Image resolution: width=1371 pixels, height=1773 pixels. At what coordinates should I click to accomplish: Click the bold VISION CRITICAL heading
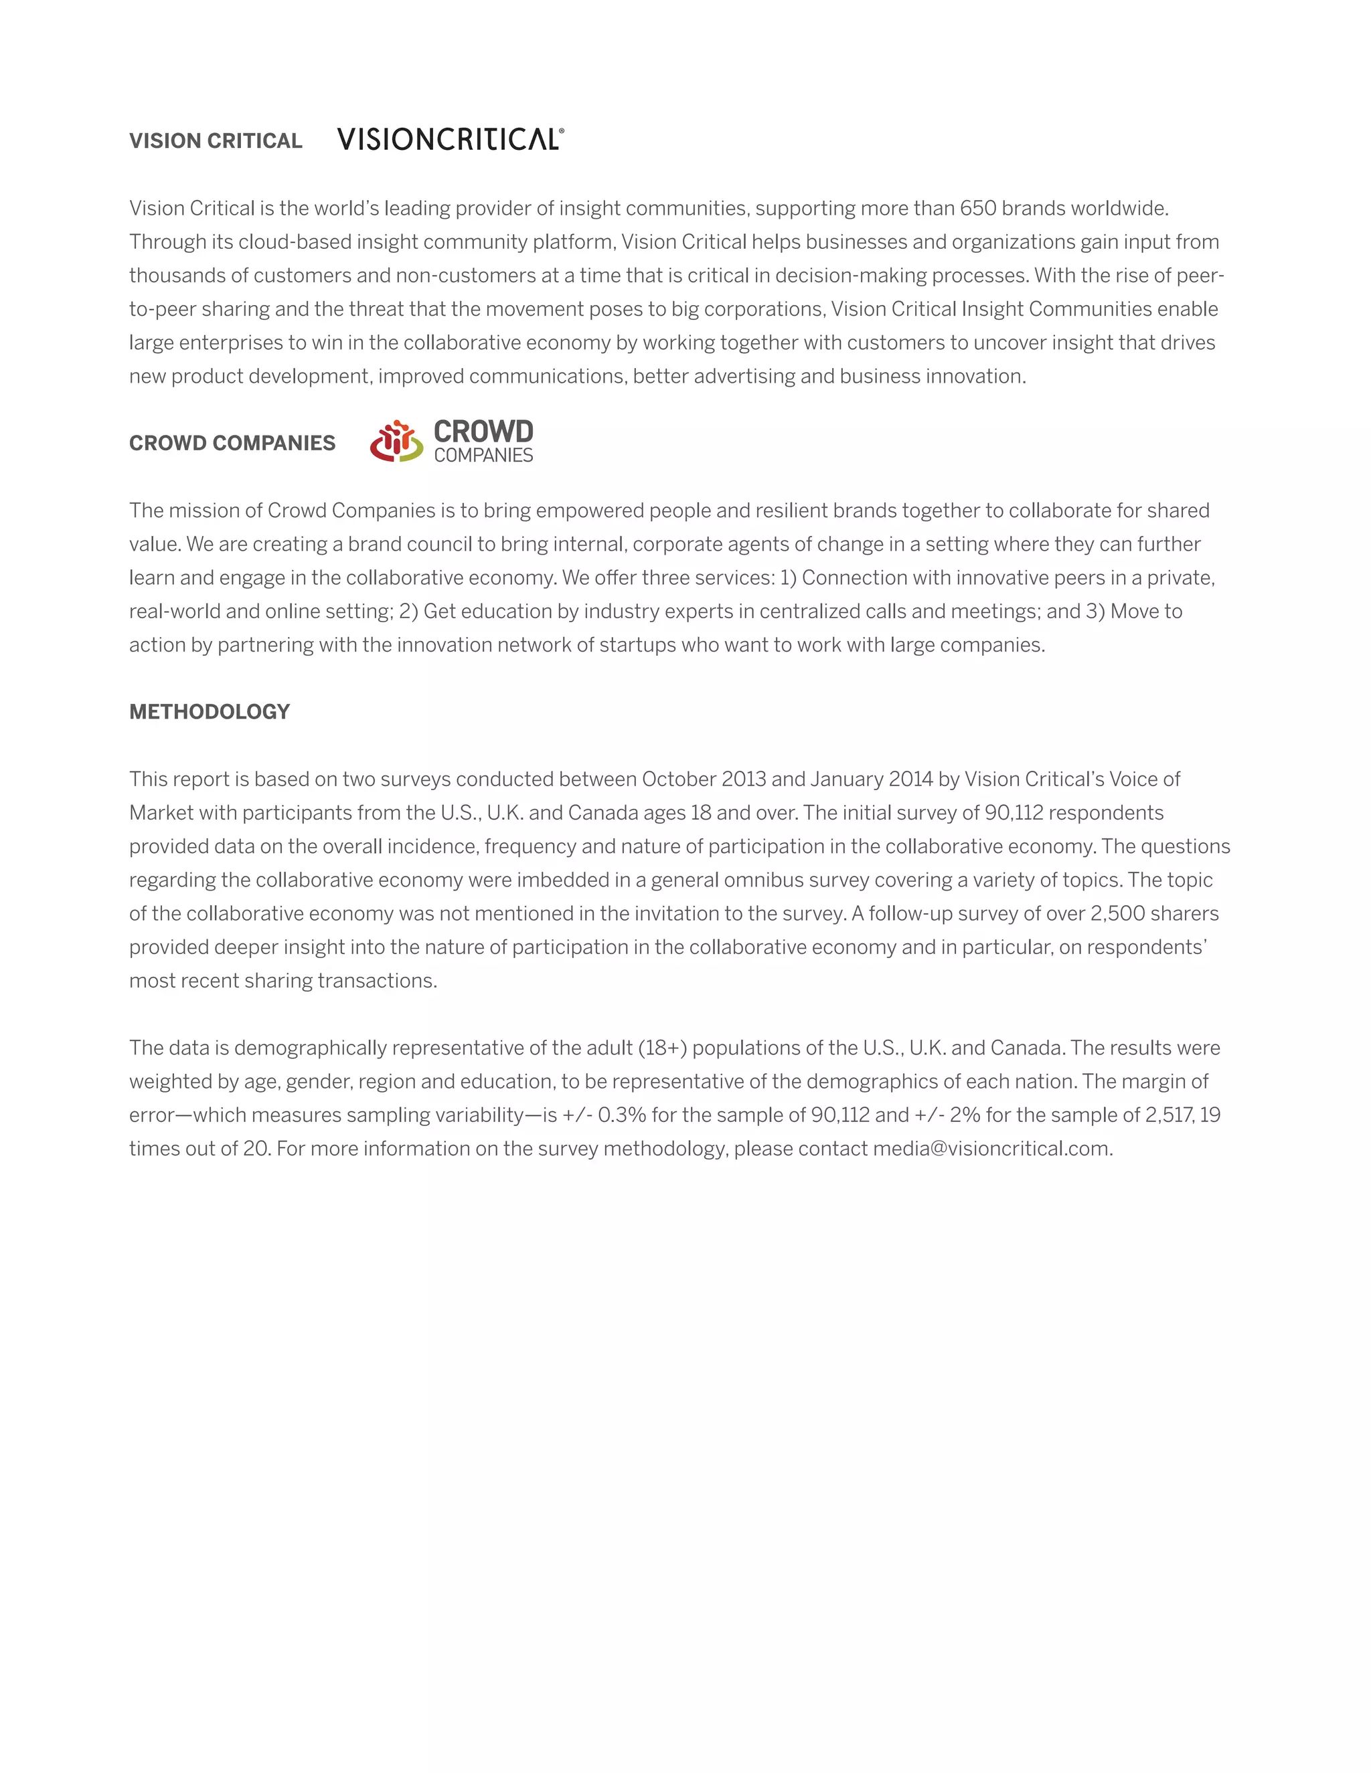[216, 141]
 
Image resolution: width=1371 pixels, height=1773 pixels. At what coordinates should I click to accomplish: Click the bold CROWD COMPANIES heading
[232, 443]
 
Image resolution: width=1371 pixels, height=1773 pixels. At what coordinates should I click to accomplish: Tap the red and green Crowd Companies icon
[396, 442]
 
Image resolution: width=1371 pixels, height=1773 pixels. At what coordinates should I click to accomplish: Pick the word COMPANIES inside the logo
[483, 456]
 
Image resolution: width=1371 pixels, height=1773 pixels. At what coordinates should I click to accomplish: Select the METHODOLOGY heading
[210, 712]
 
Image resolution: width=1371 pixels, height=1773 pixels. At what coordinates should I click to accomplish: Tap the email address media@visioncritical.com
[991, 1149]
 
